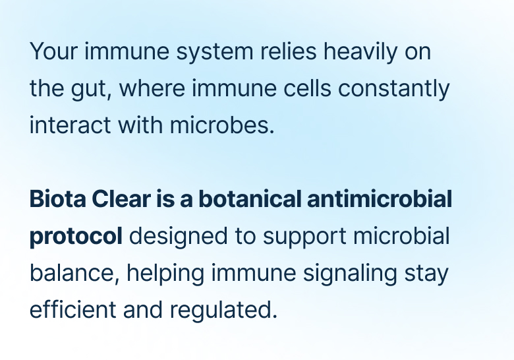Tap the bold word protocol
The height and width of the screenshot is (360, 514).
pyautogui.click(x=76, y=236)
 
